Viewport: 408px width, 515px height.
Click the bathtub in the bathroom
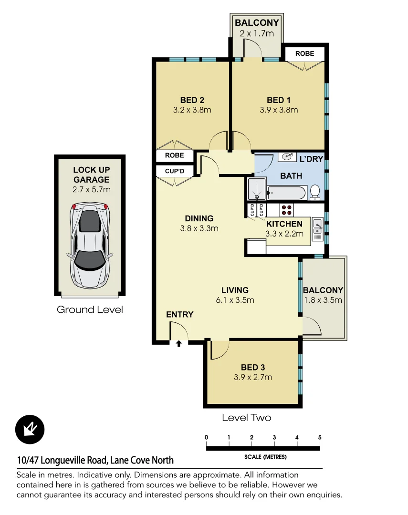point(285,193)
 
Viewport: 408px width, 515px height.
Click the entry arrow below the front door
point(179,343)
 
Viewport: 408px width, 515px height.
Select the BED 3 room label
point(252,367)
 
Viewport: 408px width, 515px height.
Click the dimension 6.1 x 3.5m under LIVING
point(235,300)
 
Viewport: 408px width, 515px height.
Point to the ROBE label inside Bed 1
point(304,53)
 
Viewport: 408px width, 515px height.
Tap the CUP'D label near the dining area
point(175,171)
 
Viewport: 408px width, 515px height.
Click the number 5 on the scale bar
point(319,437)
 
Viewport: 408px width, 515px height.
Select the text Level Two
point(246,418)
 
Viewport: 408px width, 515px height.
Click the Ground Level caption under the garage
point(90,309)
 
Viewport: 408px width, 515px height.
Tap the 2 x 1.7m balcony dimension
point(257,33)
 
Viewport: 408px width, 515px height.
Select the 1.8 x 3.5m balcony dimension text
point(323,300)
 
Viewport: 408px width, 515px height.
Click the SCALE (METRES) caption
point(265,457)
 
